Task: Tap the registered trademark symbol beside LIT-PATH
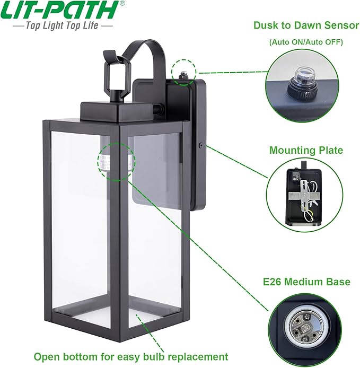click(122, 4)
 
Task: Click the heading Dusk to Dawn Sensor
click(306, 25)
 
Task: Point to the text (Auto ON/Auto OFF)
click(306, 41)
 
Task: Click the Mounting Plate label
click(306, 151)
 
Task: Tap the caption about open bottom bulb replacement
click(131, 356)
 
